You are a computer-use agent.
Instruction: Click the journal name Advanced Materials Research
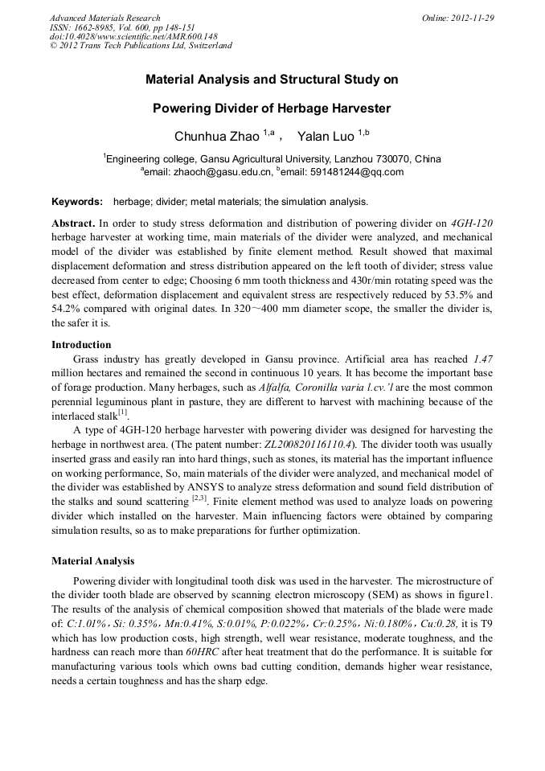[104, 18]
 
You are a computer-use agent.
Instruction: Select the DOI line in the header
[133, 36]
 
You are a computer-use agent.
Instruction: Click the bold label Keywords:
[77, 202]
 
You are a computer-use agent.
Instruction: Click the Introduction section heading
[81, 345]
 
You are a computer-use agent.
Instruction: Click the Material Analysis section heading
[92, 561]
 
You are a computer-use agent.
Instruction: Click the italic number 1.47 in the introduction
[483, 359]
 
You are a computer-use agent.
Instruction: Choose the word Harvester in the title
[350, 108]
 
